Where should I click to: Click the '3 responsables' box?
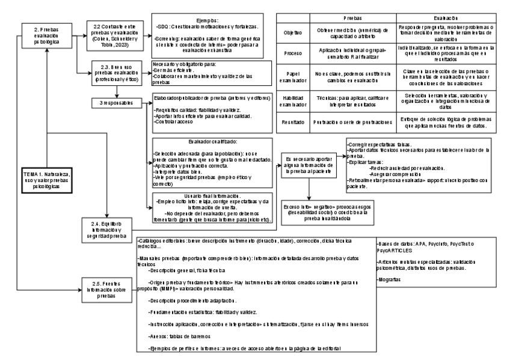coord(112,103)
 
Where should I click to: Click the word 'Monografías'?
coord(389,280)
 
